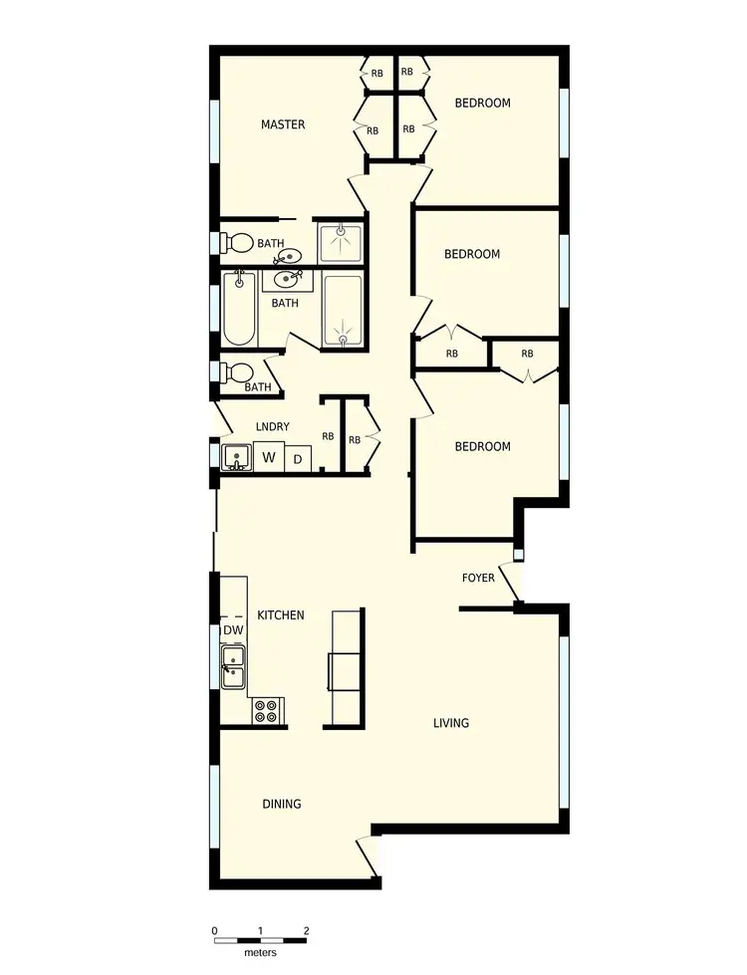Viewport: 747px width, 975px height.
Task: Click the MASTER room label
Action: [x=283, y=124]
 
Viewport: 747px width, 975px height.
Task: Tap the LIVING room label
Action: [x=451, y=723]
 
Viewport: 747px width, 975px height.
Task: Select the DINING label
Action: [x=282, y=804]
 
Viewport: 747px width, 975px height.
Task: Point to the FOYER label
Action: [x=478, y=578]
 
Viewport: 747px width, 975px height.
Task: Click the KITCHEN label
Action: [x=281, y=615]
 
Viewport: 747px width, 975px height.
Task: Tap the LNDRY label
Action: [x=272, y=427]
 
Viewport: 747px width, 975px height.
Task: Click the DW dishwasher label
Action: [x=233, y=630]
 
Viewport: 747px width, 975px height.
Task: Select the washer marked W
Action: [x=268, y=458]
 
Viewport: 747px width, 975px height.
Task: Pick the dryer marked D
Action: [x=297, y=459]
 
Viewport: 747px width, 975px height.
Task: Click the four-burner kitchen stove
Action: [x=266, y=711]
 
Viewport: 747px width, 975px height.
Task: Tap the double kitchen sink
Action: [x=234, y=667]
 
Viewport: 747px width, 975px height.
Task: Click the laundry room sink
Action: [x=237, y=458]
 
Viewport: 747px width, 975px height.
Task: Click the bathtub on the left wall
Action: [x=239, y=308]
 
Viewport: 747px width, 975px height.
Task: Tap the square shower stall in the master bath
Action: [x=341, y=241]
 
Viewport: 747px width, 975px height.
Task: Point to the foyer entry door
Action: [x=507, y=583]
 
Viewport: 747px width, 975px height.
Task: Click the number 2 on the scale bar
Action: [x=306, y=931]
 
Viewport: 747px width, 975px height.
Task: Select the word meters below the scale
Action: [x=260, y=952]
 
